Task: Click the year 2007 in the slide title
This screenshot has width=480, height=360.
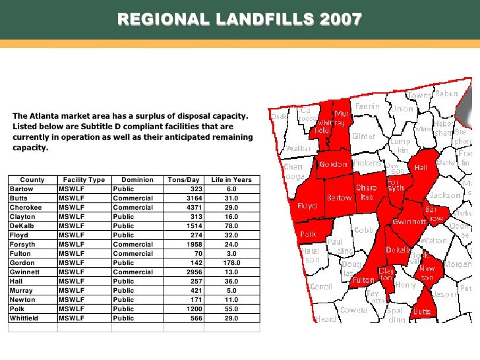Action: coord(340,20)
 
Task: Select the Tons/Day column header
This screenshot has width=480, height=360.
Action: coord(183,179)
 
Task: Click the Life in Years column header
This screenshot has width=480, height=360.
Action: coord(231,179)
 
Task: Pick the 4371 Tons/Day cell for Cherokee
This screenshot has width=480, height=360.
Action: coord(189,207)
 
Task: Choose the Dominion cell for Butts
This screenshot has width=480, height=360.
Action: coord(133,198)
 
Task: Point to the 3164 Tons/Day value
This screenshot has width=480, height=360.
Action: coord(189,198)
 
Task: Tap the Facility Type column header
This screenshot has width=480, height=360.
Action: coord(84,179)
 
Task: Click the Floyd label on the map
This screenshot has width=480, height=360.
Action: coord(307,206)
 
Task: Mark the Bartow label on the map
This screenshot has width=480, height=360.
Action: coord(340,198)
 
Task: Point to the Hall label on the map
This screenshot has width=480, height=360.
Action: coord(421,167)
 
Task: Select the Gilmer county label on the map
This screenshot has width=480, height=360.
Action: coord(364,136)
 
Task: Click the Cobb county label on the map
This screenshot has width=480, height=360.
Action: coord(363,229)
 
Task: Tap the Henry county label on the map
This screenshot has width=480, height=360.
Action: coord(406,285)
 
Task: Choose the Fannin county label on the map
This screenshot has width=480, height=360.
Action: coord(367,105)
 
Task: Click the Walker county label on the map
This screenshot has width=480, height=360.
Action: coord(299,148)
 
